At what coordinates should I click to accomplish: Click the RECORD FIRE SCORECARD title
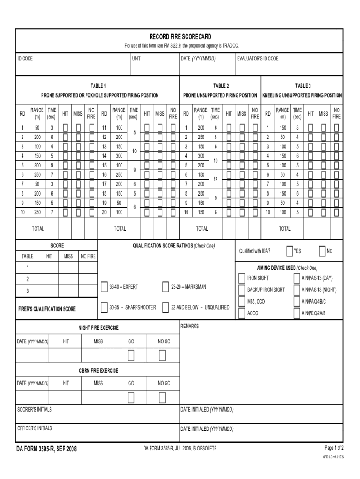[x=180, y=36]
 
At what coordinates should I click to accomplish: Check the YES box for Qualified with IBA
[x=289, y=251]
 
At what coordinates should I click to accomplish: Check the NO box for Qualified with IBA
[x=322, y=251]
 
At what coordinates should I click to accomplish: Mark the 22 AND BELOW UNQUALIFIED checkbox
[x=166, y=307]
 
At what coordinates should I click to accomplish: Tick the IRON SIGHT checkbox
[x=242, y=278]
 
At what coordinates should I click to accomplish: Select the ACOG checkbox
[x=242, y=313]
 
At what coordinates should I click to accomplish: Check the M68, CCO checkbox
[x=242, y=302]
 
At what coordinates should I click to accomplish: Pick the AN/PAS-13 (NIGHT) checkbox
[x=297, y=290]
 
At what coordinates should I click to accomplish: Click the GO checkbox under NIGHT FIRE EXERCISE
[x=131, y=356]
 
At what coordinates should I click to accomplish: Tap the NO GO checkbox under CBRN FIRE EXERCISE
[x=162, y=397]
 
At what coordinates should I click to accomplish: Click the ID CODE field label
[x=25, y=58]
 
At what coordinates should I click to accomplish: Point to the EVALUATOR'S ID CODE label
[x=258, y=58]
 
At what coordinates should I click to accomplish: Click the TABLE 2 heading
[x=221, y=86]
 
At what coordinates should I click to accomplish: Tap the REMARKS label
[x=190, y=326]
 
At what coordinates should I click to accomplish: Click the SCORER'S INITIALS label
[x=35, y=410]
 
